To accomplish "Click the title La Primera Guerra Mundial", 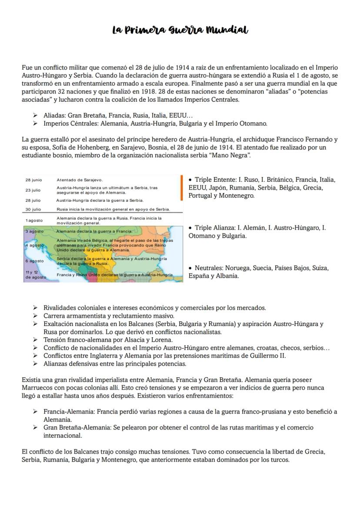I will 180,30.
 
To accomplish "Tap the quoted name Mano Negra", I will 230,155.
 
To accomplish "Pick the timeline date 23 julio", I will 33,190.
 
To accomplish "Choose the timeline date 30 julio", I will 33,209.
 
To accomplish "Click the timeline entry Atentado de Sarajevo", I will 80,180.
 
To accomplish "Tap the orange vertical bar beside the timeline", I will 181,187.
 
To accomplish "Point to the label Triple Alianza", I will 214,227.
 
